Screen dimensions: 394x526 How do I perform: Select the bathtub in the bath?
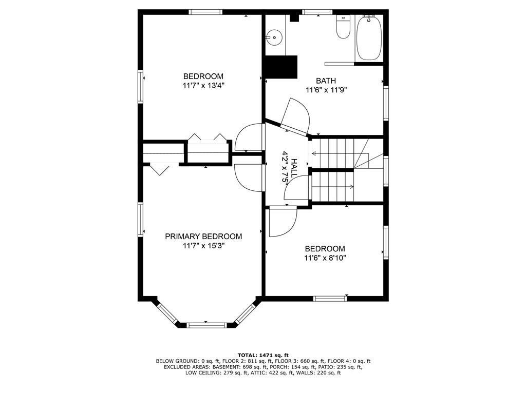(369, 38)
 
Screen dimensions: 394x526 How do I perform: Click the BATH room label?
(326, 81)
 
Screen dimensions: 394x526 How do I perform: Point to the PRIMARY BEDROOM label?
(203, 237)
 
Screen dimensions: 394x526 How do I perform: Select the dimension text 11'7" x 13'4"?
(203, 86)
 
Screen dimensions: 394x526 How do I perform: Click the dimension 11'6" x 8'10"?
(325, 258)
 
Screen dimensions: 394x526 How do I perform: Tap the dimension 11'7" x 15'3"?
(203, 246)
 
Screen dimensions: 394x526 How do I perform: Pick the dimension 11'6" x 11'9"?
(326, 90)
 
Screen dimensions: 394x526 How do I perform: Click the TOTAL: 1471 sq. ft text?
(263, 355)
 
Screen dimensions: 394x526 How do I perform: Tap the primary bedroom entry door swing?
(249, 178)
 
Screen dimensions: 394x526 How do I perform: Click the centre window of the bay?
(206, 325)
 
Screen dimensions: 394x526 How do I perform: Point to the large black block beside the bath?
(280, 67)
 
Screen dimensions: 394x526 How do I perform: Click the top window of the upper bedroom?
(205, 12)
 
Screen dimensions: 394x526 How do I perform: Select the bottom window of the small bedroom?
(330, 298)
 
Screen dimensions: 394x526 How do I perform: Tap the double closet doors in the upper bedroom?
(208, 139)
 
